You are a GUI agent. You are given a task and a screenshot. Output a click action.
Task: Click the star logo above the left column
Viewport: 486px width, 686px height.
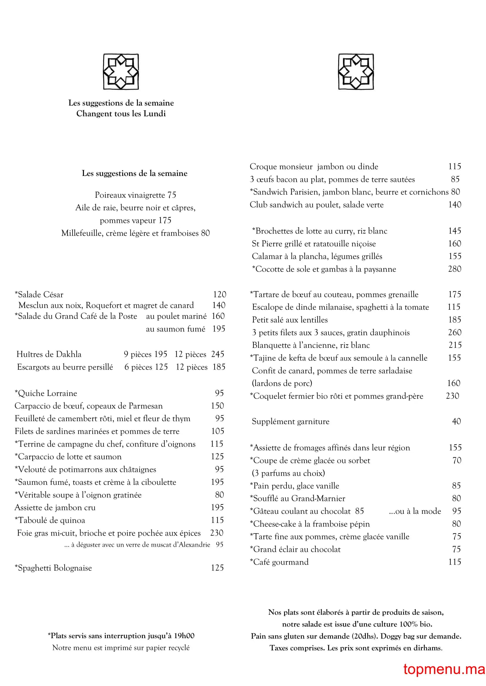pos(121,71)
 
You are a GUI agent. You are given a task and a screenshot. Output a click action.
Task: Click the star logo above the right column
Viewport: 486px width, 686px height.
pos(356,71)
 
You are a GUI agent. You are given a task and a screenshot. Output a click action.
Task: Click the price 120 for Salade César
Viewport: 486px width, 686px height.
pos(219,294)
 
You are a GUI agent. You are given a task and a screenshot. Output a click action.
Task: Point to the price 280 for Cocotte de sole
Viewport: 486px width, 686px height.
pos(454,269)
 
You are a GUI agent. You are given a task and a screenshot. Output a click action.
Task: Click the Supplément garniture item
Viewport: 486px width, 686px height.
pos(290,421)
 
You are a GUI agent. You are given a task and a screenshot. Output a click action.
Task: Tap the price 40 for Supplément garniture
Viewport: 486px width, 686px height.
pos(456,421)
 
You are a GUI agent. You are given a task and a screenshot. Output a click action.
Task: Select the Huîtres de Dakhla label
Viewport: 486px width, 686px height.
pos(49,354)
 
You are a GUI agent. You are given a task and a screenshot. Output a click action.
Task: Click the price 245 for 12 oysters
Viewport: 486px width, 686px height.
pos(217,354)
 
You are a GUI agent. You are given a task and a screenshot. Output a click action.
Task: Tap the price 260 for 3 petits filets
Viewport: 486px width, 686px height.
pos(455,332)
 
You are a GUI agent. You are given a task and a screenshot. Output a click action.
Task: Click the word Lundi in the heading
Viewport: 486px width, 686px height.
pos(155,114)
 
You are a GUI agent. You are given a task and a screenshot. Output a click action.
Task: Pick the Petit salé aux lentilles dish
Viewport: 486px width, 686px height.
pos(290,320)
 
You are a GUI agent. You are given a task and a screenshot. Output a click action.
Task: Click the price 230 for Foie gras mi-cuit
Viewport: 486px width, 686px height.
pos(217,533)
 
